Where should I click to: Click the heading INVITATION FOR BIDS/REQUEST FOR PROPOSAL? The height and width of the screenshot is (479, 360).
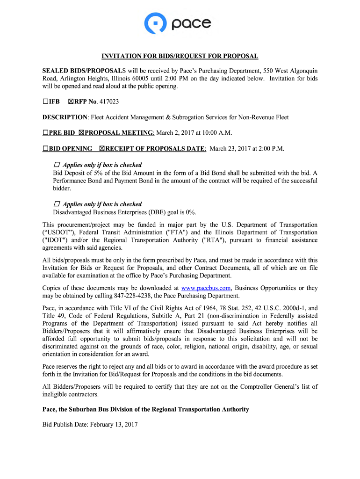pyautogui.click(x=180, y=56)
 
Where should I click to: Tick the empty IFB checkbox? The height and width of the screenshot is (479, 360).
pyautogui.click(x=46, y=101)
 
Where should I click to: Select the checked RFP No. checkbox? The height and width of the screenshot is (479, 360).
pyautogui.click(x=71, y=101)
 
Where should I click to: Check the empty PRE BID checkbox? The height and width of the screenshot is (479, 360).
pyautogui.click(x=45, y=133)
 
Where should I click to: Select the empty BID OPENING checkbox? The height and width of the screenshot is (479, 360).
pyautogui.click(x=45, y=149)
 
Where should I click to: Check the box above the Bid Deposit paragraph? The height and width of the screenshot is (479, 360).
pyautogui.click(x=57, y=165)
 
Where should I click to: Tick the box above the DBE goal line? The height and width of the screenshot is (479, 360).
pyautogui.click(x=57, y=204)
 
